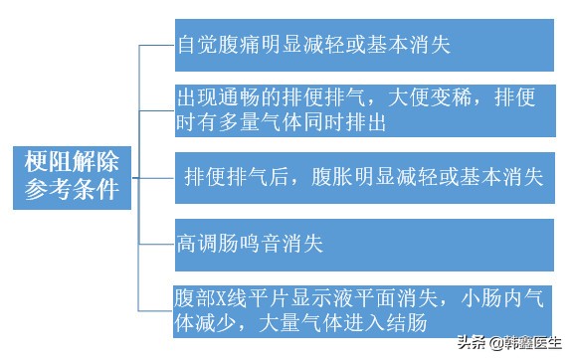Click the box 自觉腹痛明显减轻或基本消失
(x=364, y=45)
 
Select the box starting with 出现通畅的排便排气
(x=364, y=110)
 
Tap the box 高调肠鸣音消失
(x=364, y=242)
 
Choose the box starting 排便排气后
(x=364, y=177)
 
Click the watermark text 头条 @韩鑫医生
(x=509, y=345)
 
